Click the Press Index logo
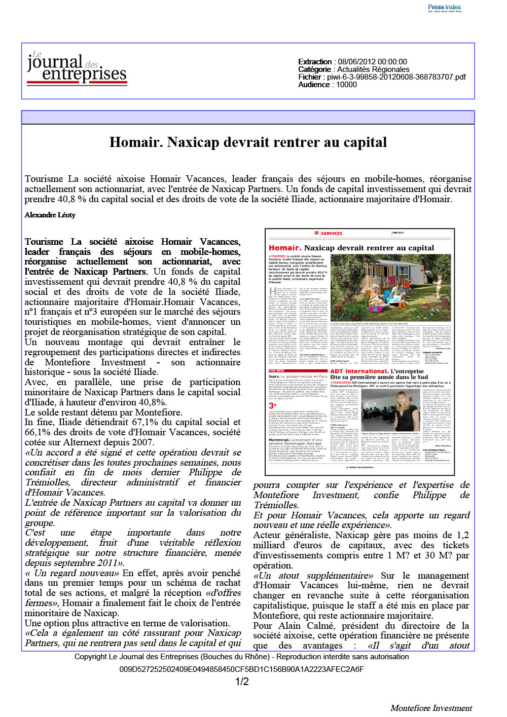tap(444, 7)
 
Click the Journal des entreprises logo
tap(77, 68)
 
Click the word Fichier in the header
tap(310, 77)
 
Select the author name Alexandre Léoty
tap(50, 215)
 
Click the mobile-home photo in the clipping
tap(390, 287)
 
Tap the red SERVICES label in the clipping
tap(332, 234)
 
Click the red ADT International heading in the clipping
tap(359, 371)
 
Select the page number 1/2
tap(242, 682)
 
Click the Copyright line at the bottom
tap(241, 657)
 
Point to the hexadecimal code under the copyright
tap(241, 669)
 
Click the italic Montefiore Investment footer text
tap(431, 708)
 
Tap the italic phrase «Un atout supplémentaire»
tap(313, 576)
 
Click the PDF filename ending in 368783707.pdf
tap(396, 77)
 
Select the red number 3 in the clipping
tap(272, 406)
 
